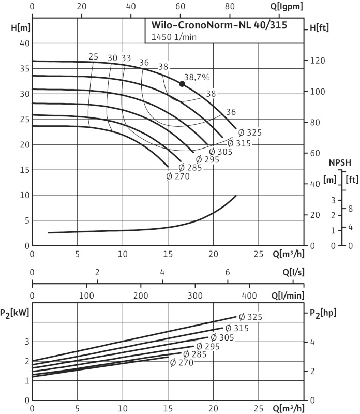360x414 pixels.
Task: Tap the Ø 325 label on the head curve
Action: pyautogui.click(x=250, y=132)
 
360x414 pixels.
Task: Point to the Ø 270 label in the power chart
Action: pyautogui.click(x=182, y=363)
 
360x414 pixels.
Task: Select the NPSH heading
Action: pyautogui.click(x=340, y=162)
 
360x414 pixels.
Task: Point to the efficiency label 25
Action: pyautogui.click(x=93, y=57)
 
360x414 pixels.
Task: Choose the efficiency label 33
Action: pyautogui.click(x=126, y=58)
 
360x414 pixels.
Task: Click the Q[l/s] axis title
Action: pyautogui.click(x=292, y=272)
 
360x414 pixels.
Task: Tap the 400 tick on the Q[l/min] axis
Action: pyautogui.click(x=249, y=295)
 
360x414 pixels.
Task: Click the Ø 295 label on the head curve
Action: pyautogui.click(x=207, y=159)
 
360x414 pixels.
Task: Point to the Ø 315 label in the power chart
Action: pyautogui.click(x=237, y=328)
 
